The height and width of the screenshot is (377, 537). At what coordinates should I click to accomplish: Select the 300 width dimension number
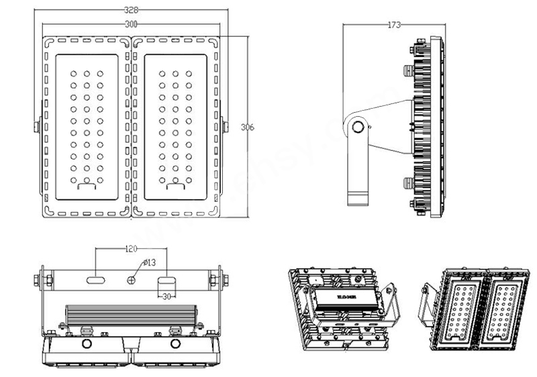pyautogui.click(x=131, y=23)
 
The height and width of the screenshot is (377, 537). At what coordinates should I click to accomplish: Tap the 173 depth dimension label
pyautogui.click(x=394, y=25)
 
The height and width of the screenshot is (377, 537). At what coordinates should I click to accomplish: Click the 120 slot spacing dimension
pyautogui.click(x=132, y=248)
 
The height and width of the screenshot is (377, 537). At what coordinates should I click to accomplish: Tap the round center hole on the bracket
pyautogui.click(x=133, y=278)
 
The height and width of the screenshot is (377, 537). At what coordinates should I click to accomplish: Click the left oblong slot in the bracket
pyautogui.click(x=95, y=278)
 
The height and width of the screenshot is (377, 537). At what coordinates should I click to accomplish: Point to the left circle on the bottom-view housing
pyautogui.click(x=87, y=344)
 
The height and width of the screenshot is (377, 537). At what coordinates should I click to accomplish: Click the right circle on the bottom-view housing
pyautogui.click(x=176, y=344)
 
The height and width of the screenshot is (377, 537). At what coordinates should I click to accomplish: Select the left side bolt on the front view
pyautogui.click(x=37, y=125)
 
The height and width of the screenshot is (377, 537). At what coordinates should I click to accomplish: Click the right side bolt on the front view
pyautogui.click(x=224, y=125)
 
